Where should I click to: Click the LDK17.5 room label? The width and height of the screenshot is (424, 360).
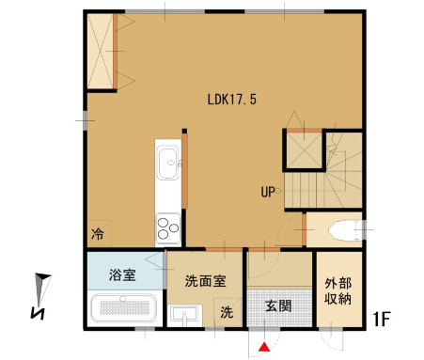[x=232, y=100]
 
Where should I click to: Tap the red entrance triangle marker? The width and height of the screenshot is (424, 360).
[x=265, y=347]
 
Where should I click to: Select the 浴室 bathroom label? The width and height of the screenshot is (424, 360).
[x=122, y=274]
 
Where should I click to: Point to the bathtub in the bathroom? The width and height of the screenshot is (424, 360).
[x=123, y=308]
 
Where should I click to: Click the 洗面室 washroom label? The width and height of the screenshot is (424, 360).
[x=205, y=281]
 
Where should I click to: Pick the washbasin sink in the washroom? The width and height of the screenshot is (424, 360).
[x=185, y=315]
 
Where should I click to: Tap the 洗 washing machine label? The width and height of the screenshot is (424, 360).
[x=227, y=312]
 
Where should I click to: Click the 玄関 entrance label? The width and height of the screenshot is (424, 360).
[x=278, y=305]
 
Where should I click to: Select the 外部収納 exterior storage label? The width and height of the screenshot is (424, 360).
[x=338, y=291]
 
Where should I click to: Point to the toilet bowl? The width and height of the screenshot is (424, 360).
[x=344, y=230]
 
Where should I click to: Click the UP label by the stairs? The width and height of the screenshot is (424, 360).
[x=268, y=192]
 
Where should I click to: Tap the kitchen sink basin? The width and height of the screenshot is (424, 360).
[x=167, y=162]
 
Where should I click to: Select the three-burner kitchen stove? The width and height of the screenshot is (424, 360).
[x=168, y=228]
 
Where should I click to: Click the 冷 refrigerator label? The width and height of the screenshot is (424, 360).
[x=98, y=233]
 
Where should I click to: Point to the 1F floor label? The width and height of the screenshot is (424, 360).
[x=381, y=319]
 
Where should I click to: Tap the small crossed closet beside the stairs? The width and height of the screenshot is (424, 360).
[x=305, y=150]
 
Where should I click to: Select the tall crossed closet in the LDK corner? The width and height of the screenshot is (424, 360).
[x=101, y=51]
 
